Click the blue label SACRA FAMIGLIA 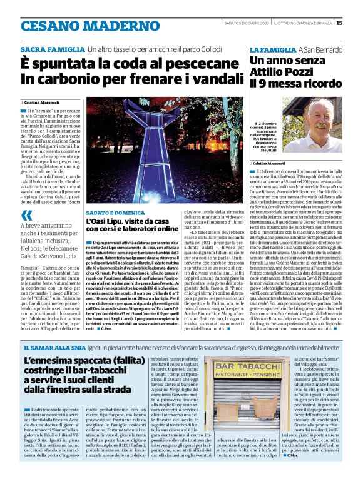coord(52,49)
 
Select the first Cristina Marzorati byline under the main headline coord(44,101)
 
